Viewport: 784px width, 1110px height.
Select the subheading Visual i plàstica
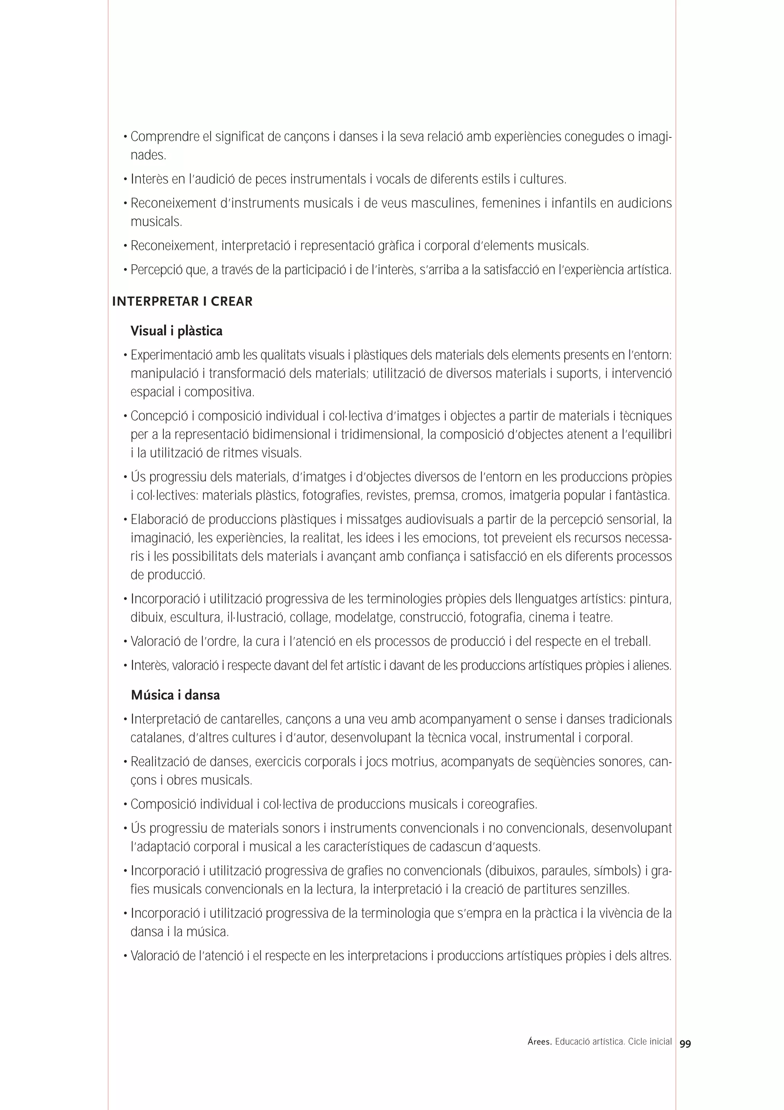176,331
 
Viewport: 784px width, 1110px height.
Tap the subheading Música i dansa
175,695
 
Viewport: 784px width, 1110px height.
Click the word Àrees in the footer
539,1041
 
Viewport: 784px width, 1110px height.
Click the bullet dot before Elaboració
126,520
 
